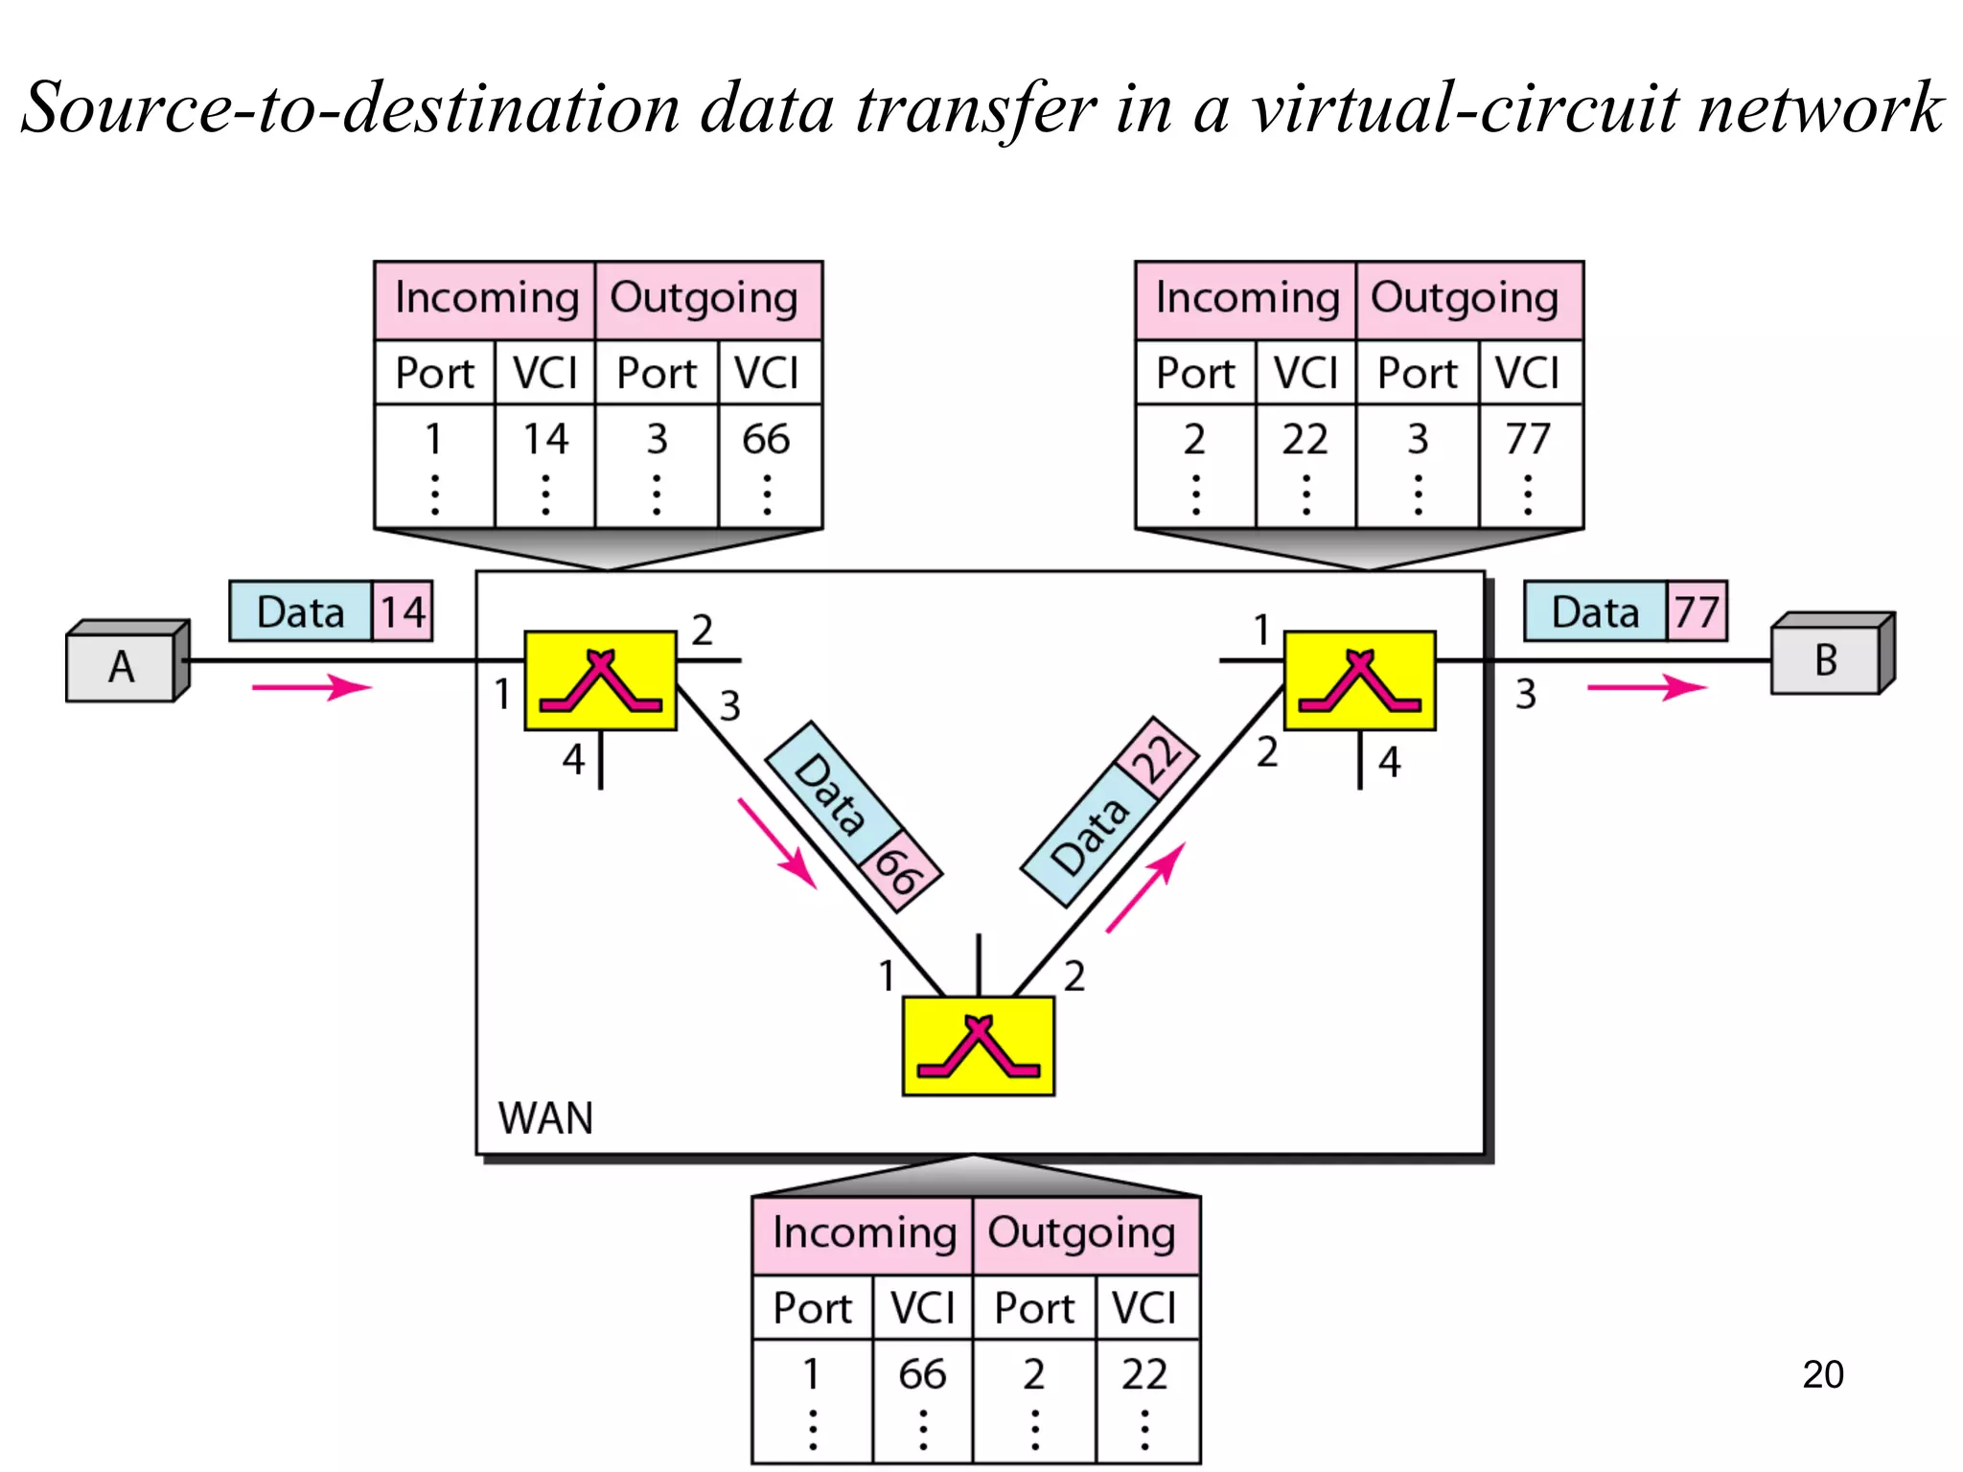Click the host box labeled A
[x=123, y=665]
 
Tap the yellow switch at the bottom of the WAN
[x=978, y=1046]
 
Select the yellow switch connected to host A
[x=600, y=680]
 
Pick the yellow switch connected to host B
[x=1359, y=680]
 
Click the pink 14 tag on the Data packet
[x=403, y=611]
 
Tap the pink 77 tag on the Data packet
[x=1697, y=611]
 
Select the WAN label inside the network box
[x=545, y=1118]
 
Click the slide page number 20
[x=1822, y=1374]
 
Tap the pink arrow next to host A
[x=312, y=686]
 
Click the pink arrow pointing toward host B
[x=1646, y=686]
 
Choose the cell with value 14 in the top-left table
[x=545, y=439]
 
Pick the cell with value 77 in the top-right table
[x=1528, y=439]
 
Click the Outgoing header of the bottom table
[x=1082, y=1233]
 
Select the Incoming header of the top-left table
[x=487, y=298]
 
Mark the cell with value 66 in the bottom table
[x=922, y=1374]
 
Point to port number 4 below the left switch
[x=573, y=759]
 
